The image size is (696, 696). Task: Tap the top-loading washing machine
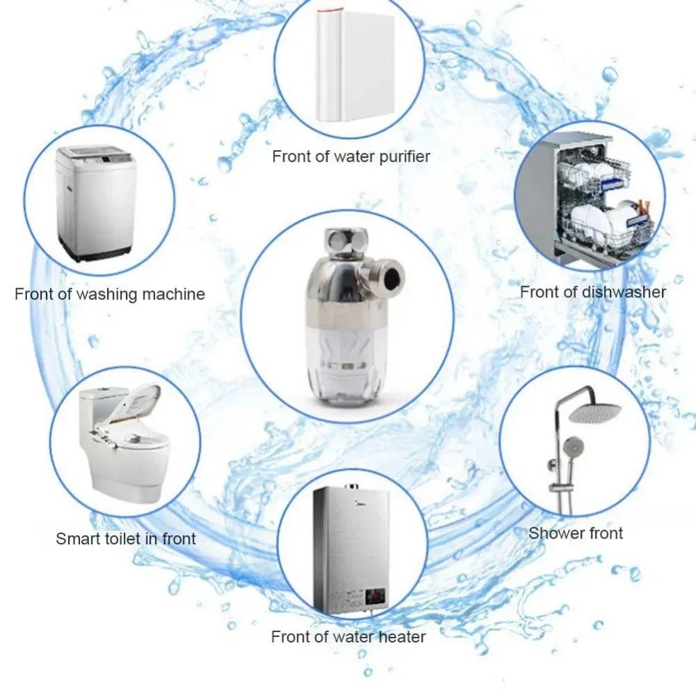click(x=96, y=202)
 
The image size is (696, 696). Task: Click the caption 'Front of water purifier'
click(x=351, y=156)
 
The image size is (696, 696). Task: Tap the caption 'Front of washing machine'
click(x=110, y=294)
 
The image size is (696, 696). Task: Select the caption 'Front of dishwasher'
click(x=593, y=292)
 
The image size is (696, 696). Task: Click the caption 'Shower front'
click(x=576, y=533)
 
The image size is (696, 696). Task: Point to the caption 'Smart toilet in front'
click(x=126, y=538)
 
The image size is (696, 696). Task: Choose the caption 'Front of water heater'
click(x=348, y=636)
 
